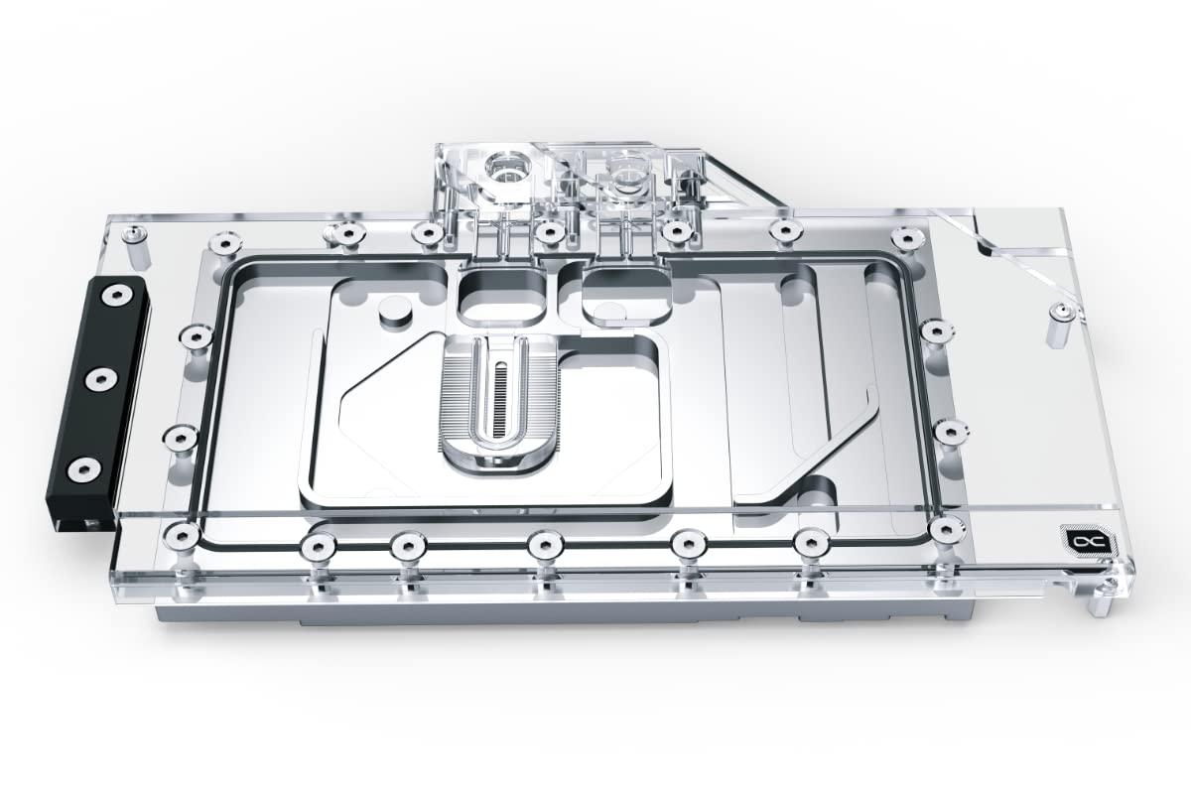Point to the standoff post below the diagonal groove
pos(1061,318)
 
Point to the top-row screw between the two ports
pos(548,231)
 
